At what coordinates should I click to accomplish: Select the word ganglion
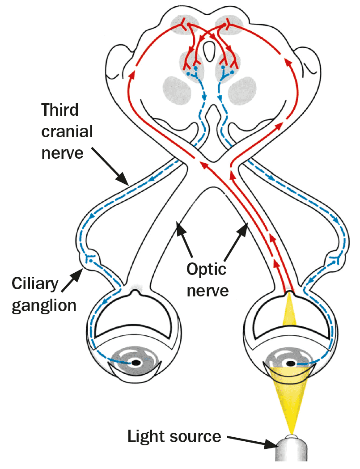point(44,305)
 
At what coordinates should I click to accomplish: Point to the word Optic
point(206,269)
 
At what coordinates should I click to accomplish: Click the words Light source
point(174,436)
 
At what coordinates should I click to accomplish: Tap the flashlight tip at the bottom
point(293,452)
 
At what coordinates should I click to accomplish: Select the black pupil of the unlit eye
point(135,363)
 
